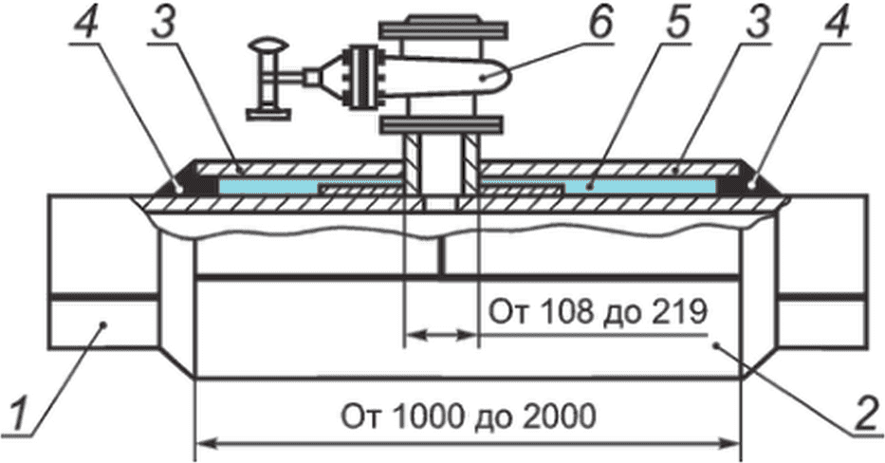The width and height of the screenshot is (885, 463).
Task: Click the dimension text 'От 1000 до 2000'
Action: tap(468, 417)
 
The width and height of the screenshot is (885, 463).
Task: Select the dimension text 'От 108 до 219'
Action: tap(598, 312)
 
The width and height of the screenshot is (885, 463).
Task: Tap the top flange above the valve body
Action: tap(442, 28)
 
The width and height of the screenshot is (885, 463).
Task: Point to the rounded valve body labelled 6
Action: tap(446, 78)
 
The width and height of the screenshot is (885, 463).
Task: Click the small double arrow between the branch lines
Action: tap(441, 336)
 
